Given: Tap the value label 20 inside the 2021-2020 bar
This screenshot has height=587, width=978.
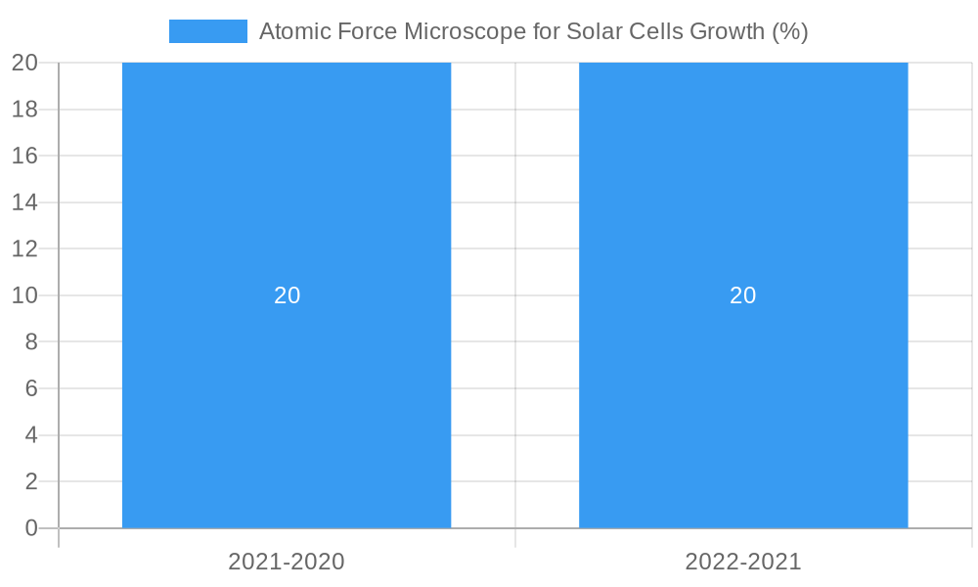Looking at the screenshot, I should point(287,295).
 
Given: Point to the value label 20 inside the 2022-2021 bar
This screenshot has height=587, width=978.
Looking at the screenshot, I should point(743,295).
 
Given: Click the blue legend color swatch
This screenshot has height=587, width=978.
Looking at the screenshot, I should point(208,31).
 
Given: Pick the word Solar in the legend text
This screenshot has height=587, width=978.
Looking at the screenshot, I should point(593,31).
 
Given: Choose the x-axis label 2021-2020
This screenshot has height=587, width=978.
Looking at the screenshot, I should point(287,562).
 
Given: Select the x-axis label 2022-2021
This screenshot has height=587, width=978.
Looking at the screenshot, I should point(743,562).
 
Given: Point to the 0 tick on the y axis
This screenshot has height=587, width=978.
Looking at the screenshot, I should point(30,528).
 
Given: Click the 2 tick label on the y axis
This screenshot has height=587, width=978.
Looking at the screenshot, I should point(30,481).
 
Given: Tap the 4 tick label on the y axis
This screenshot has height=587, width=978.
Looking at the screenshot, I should point(30,434).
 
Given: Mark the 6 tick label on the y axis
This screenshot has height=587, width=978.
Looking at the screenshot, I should point(30,388).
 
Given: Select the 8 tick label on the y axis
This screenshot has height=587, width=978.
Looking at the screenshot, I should point(30,341).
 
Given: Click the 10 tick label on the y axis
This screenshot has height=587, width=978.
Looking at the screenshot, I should point(24,295).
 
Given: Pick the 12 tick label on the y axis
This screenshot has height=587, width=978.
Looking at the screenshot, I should point(24,248).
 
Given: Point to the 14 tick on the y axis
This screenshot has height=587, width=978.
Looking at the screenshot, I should point(24,203).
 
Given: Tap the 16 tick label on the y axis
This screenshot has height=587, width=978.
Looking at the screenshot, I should point(24,156).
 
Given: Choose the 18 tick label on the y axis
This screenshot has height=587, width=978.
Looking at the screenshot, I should point(24,110).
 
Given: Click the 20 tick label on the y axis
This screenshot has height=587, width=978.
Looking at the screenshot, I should point(24,63).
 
